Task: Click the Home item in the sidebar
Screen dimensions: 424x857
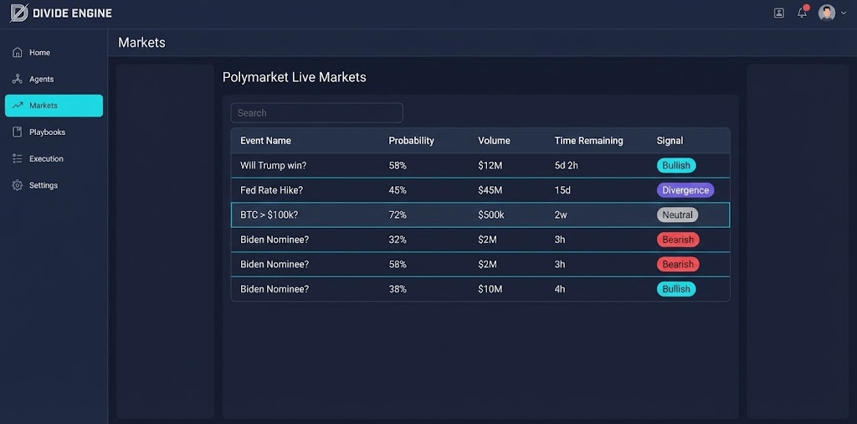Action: [39, 53]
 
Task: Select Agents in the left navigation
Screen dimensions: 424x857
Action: [41, 80]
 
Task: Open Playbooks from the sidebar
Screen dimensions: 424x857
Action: [47, 132]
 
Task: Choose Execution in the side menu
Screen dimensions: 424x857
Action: [46, 159]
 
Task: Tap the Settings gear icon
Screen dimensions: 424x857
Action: [18, 185]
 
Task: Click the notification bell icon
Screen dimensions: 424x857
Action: [802, 13]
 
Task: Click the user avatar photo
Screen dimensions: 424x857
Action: [826, 13]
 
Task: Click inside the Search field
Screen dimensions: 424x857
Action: [316, 113]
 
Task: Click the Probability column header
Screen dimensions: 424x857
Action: [411, 141]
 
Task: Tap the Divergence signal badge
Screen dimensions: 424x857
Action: [685, 190]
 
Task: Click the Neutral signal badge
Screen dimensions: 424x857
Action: [677, 215]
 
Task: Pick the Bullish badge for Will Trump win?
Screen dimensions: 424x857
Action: [675, 166]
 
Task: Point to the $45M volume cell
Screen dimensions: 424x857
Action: [490, 190]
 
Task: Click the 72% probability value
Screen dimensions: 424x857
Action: [398, 215]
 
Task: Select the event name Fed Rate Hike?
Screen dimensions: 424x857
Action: [271, 190]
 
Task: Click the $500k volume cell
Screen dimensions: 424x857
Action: [491, 215]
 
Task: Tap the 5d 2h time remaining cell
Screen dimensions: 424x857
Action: [567, 166]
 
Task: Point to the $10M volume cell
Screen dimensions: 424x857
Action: [490, 289]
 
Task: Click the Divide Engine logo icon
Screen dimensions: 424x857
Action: [18, 13]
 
